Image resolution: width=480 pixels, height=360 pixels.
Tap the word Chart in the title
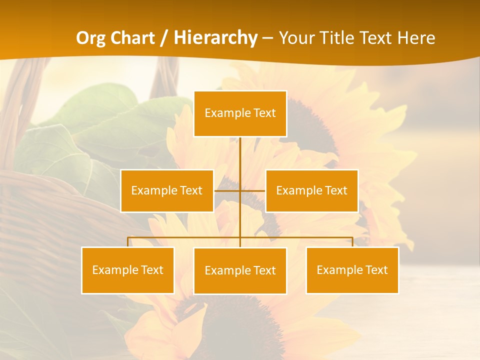[x=130, y=38]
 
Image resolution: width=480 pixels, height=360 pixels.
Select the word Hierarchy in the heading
[x=215, y=38]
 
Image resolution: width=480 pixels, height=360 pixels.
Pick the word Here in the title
[x=416, y=38]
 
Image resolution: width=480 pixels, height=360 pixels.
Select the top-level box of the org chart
[x=240, y=113]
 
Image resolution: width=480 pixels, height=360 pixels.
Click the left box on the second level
[x=167, y=190]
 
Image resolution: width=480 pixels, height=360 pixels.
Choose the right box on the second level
[x=312, y=190]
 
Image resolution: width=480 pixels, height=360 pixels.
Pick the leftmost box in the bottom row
[x=128, y=270]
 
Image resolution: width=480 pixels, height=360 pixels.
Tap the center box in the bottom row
[x=240, y=270]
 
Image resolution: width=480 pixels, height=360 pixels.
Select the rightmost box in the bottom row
[x=352, y=270]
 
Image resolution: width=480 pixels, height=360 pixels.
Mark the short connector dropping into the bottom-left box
[x=128, y=242]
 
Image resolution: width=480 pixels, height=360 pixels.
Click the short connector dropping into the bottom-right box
[x=352, y=242]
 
